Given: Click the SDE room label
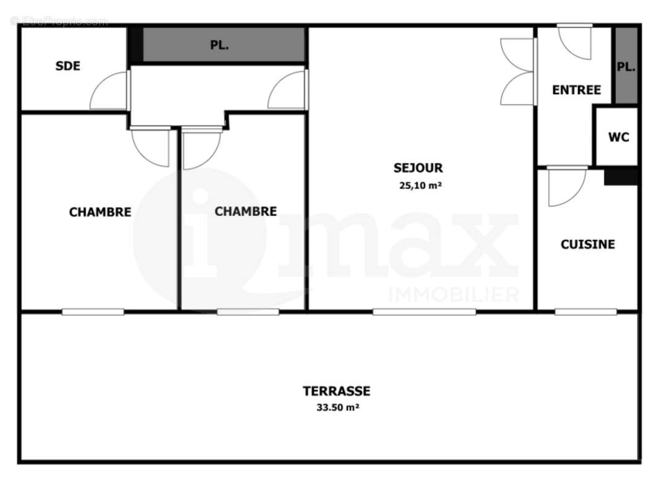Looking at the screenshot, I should tap(68, 66).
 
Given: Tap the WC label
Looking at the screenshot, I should tap(619, 137).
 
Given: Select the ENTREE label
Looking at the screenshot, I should tap(576, 90).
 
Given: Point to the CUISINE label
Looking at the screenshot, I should tap(588, 244).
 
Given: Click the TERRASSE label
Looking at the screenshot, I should tap(337, 391).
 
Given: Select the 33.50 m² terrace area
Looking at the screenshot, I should tap(337, 407).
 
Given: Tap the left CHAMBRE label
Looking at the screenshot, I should tap(100, 212).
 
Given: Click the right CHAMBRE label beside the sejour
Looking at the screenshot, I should tap(246, 212).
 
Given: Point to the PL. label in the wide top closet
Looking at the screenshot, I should tap(219, 45).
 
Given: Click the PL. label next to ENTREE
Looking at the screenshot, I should tap(626, 67).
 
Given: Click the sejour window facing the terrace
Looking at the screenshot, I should tap(424, 311).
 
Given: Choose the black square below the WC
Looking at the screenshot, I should tap(621, 176).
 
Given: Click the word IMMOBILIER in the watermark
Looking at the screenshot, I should tap(453, 295).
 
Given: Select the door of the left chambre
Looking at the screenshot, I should tap(150, 147).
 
